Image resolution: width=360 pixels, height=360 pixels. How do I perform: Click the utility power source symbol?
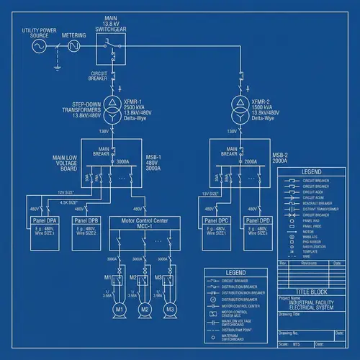pyautogui.click(x=38, y=47)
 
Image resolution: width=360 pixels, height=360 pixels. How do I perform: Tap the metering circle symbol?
pyautogui.click(x=73, y=47)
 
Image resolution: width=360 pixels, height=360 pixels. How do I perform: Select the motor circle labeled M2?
pyautogui.click(x=144, y=308)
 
